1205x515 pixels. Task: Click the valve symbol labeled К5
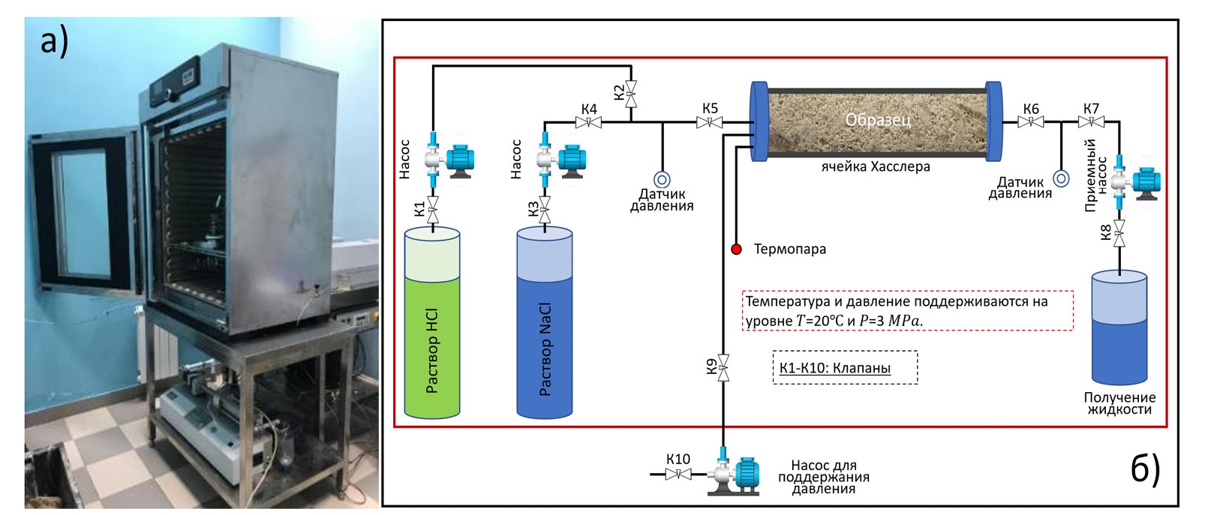pos(710,122)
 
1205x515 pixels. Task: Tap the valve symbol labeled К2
pos(631,94)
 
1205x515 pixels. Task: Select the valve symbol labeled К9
pos(723,367)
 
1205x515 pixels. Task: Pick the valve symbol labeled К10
pos(678,474)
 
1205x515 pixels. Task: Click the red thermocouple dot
pos(737,249)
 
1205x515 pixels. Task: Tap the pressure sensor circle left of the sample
pos(662,180)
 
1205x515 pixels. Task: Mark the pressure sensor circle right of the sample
pos(1061,179)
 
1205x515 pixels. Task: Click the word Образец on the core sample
pos(878,120)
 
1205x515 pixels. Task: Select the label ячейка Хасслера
pos(876,166)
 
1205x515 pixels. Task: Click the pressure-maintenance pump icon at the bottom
pos(735,475)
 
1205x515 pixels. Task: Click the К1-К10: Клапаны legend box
pos(845,367)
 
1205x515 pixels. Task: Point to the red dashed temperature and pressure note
pos(907,310)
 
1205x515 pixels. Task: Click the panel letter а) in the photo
pos(54,40)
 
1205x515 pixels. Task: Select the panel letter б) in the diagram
pos(1145,468)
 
